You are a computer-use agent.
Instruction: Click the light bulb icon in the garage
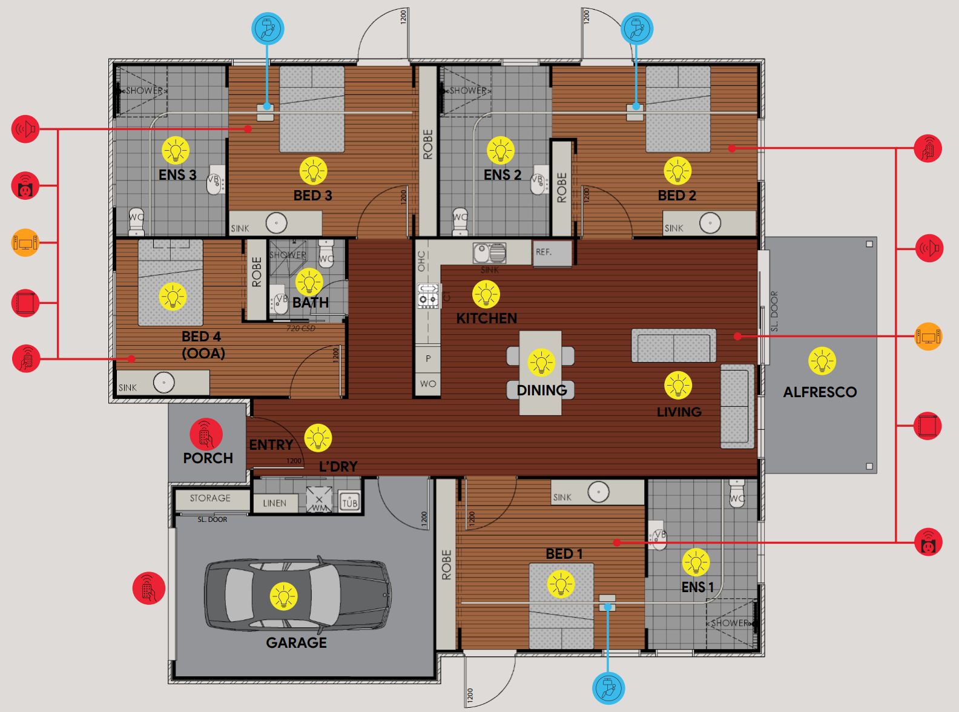tap(283, 596)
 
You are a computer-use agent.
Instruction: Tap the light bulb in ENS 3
tap(176, 150)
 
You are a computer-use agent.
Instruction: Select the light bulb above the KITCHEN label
tap(486, 295)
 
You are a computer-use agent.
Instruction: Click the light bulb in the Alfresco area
tap(822, 361)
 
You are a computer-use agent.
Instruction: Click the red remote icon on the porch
tap(206, 433)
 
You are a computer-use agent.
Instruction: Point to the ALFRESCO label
tap(820, 392)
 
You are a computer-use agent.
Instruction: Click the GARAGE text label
tap(296, 642)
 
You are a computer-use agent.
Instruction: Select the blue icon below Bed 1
tap(608, 688)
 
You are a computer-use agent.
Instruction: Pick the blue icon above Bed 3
tap(268, 28)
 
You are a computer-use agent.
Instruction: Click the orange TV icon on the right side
tap(928, 336)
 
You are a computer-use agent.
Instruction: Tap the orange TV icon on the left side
tap(25, 243)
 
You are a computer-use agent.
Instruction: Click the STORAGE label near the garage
tap(210, 498)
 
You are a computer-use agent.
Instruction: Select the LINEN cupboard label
tap(274, 503)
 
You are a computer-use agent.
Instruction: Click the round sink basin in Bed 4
tap(163, 383)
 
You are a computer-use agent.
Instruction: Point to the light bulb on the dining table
tap(541, 363)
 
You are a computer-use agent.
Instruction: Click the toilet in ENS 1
tap(737, 493)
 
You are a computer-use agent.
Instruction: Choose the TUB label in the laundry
tap(350, 502)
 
